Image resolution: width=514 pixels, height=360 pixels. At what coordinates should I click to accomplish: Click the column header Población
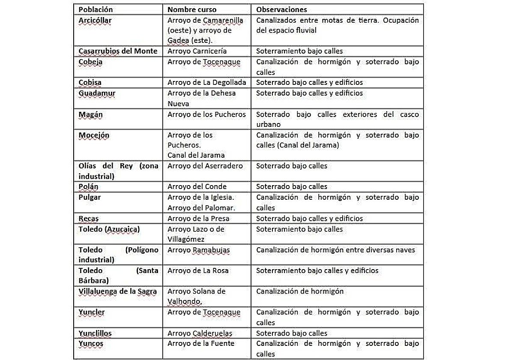tap(96, 9)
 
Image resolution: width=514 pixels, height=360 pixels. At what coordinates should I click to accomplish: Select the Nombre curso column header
tap(192, 9)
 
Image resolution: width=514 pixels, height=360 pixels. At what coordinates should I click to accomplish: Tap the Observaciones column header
tap(281, 9)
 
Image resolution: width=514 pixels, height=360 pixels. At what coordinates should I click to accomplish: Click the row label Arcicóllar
tap(95, 20)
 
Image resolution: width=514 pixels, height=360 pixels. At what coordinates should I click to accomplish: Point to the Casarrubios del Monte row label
tap(118, 51)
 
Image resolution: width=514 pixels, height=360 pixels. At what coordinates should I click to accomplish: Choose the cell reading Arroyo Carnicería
tap(197, 51)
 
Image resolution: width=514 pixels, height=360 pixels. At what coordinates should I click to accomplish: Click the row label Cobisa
tap(90, 82)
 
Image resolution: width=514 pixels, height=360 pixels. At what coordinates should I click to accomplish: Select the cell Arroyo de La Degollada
tap(207, 82)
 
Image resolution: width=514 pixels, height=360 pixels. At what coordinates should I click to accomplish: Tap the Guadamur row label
tap(97, 93)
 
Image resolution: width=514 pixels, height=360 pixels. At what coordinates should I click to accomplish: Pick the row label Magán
tap(90, 114)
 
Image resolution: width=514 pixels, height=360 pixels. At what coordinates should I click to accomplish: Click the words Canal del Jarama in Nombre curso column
tap(196, 155)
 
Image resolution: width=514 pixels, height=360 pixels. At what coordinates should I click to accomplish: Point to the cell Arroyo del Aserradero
tap(205, 166)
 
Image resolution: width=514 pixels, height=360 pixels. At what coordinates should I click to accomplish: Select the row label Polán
tap(88, 186)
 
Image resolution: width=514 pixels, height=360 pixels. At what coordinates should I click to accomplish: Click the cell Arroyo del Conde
tap(197, 186)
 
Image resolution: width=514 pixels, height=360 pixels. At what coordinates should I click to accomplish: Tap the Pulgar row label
tap(90, 197)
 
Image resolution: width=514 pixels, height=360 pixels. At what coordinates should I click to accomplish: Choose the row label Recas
tap(89, 219)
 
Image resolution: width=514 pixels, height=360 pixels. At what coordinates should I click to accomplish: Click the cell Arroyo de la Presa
tap(198, 219)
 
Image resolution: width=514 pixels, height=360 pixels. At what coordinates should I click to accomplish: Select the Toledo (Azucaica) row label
tap(109, 229)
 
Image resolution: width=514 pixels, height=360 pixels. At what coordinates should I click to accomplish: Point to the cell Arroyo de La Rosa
tap(198, 270)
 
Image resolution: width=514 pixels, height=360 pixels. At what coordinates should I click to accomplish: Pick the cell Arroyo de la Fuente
tap(201, 343)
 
